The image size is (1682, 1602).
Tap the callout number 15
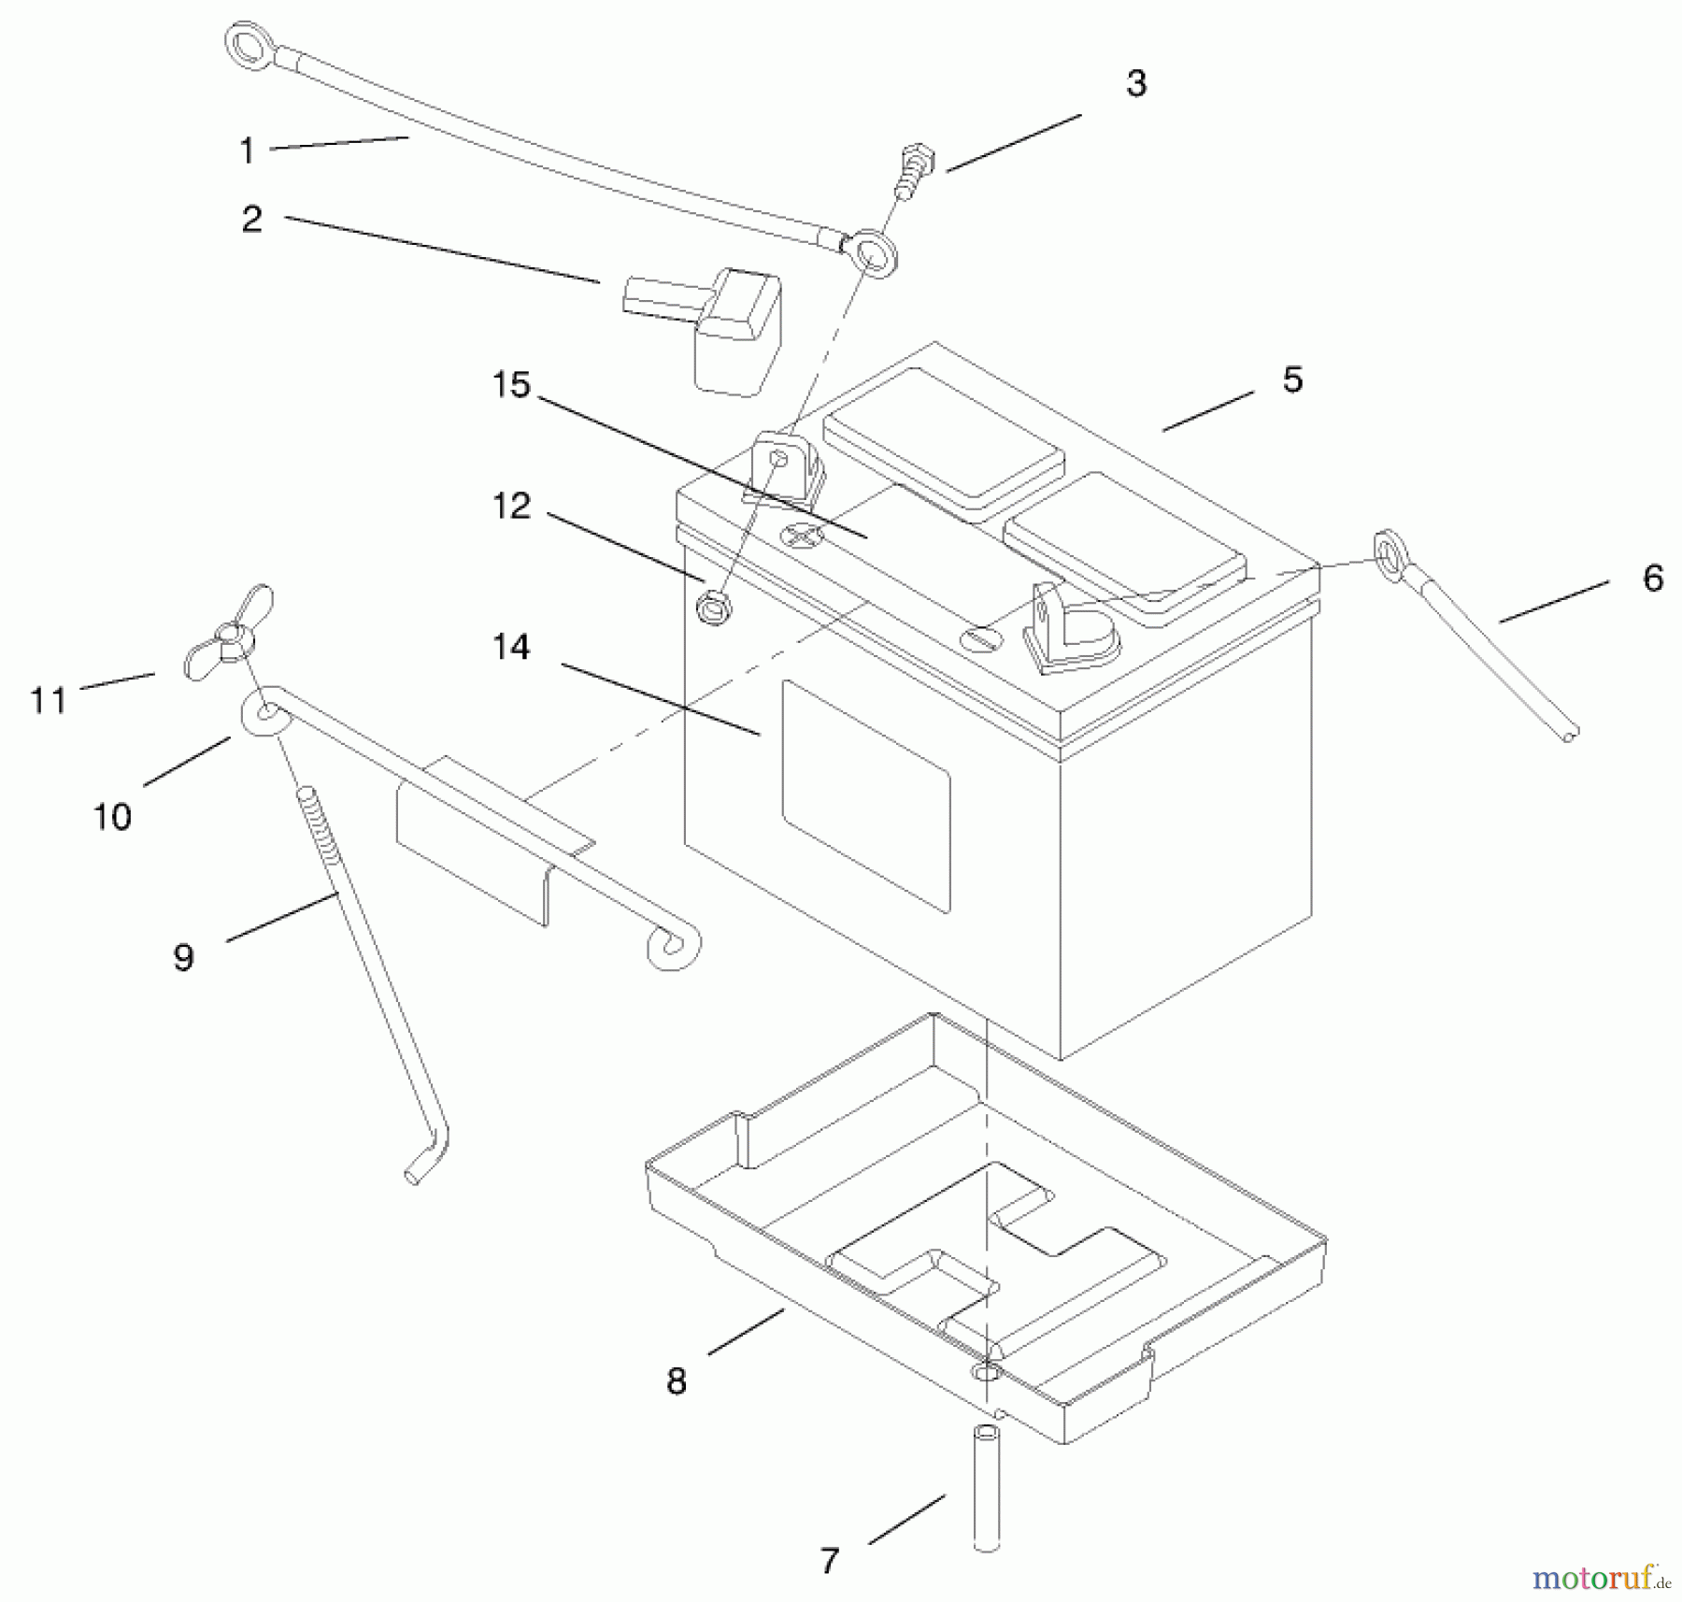click(x=511, y=385)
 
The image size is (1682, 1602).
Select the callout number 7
click(x=830, y=1561)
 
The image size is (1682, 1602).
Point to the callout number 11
click(x=49, y=700)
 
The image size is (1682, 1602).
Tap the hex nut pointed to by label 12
click(x=714, y=607)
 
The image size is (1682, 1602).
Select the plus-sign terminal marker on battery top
click(x=801, y=536)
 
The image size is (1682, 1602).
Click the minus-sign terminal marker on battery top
click(x=981, y=639)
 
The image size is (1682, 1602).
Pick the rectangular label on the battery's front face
click(x=865, y=796)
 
